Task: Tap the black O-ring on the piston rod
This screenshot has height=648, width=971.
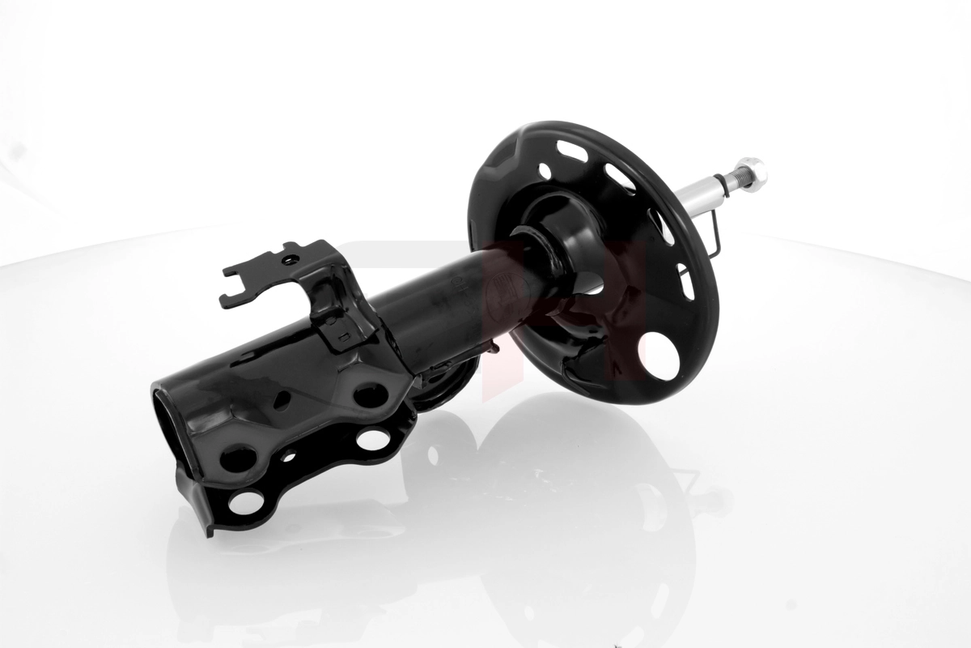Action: [x=722, y=185]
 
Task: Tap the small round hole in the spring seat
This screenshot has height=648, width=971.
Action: [x=545, y=171]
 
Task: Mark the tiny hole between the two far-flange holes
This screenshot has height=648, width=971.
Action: [x=288, y=456]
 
